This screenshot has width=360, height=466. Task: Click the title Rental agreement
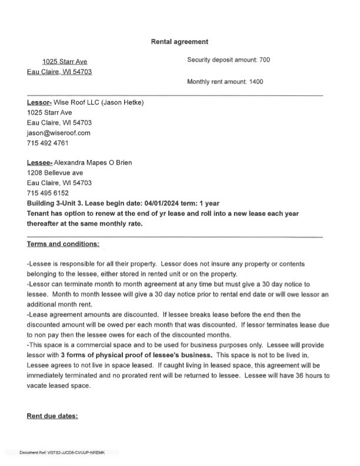[179, 42]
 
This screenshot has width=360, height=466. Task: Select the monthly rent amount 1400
[256, 82]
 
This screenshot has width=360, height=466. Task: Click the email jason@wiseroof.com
[58, 133]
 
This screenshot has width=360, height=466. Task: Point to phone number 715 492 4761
[48, 143]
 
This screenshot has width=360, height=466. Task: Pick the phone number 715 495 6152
[48, 193]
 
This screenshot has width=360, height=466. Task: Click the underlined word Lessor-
[38, 102]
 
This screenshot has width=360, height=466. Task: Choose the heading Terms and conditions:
[63, 244]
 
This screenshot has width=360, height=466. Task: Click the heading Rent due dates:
[52, 416]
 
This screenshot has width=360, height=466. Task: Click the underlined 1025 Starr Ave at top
[65, 62]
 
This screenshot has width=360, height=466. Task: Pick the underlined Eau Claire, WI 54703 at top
[59, 72]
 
